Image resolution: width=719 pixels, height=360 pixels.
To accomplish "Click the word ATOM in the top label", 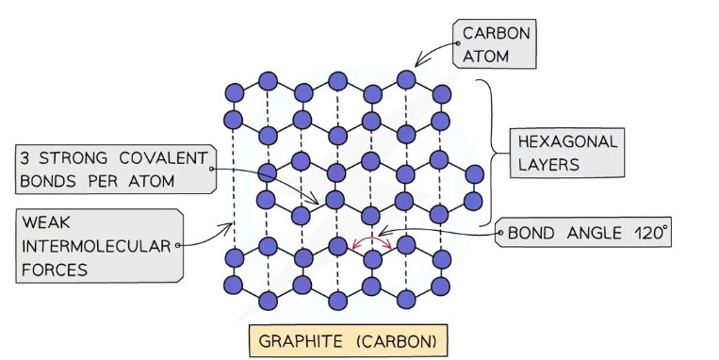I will (486, 57).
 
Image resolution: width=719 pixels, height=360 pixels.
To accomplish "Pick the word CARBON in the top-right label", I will (496, 35).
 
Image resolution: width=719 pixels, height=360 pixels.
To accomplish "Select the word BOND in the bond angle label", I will (534, 233).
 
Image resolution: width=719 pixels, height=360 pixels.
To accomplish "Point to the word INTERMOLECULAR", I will (95, 248).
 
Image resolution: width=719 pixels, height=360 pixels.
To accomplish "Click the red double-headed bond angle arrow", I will (372, 243).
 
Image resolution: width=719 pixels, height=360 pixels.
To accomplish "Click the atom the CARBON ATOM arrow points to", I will (406, 78).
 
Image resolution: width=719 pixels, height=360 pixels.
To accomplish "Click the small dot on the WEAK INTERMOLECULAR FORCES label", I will (178, 245).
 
